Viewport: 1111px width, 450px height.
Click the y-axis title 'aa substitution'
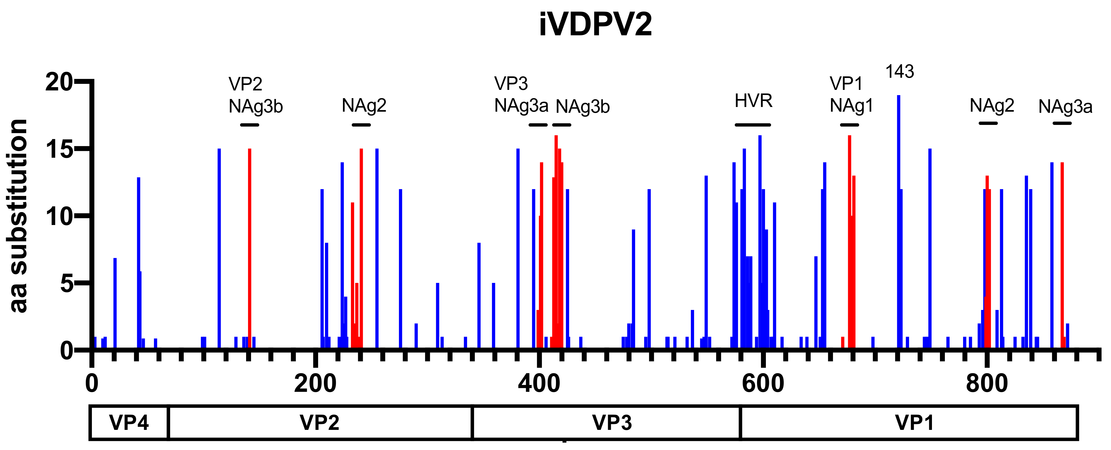pos(18,216)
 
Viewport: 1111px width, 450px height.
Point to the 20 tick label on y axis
pos(59,82)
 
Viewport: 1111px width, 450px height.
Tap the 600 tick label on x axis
pos(763,383)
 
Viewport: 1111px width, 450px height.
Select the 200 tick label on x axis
pos(315,383)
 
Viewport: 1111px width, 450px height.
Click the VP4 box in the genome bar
pos(129,422)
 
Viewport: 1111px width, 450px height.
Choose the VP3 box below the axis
pos(612,422)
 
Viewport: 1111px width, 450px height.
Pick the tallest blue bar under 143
pos(898,216)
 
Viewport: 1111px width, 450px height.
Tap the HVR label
pos(753,101)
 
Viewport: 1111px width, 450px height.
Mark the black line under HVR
pos(753,125)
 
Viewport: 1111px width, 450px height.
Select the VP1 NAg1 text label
pos(851,95)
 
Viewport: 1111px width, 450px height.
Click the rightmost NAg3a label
pos(1065,106)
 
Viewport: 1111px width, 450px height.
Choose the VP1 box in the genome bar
pos(914,422)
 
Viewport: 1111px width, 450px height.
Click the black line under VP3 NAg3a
pos(538,125)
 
